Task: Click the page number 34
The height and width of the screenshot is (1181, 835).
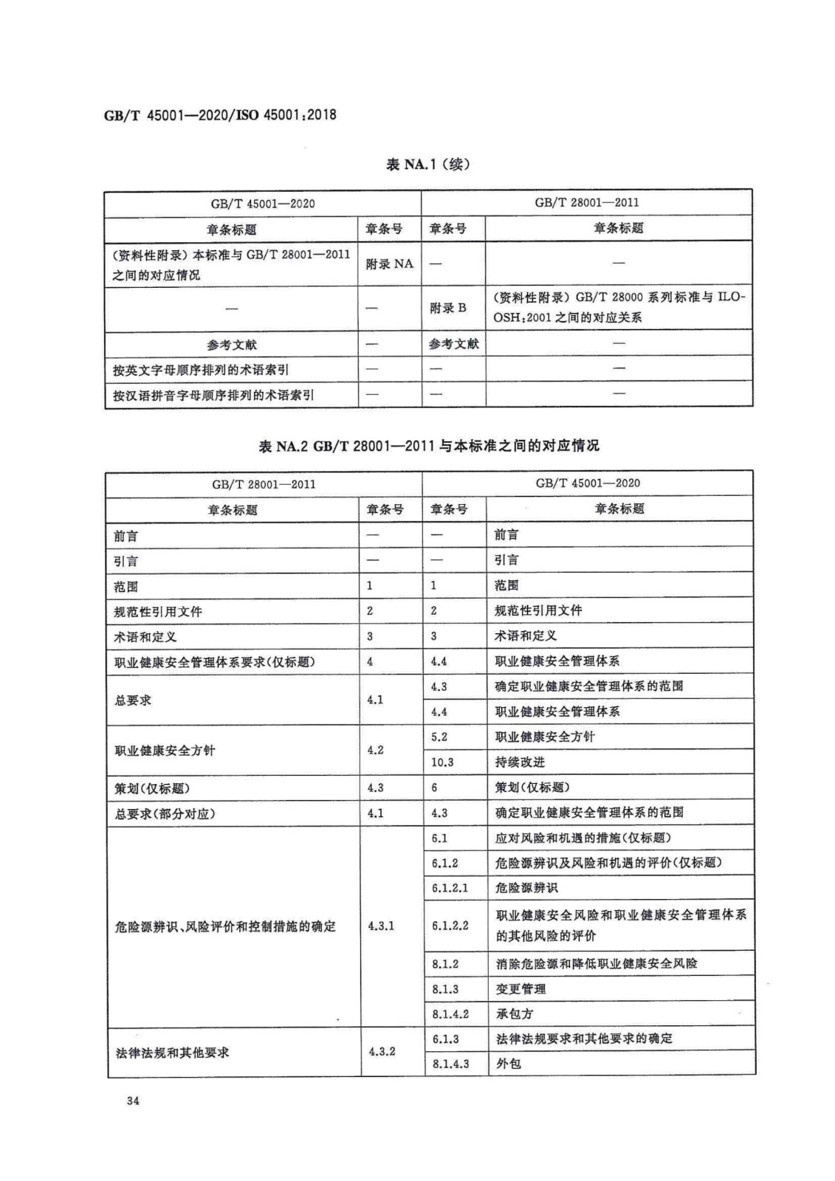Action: pos(133,1101)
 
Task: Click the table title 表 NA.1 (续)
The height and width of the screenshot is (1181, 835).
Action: pos(427,164)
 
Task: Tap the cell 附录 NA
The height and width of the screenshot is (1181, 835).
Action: pos(389,264)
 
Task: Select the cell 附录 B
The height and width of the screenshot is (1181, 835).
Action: pos(448,308)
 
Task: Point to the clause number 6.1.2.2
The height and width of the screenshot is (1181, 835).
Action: pos(450,925)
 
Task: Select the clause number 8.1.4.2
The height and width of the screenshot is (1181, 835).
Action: pos(450,1014)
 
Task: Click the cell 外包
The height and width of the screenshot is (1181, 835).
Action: pos(508,1064)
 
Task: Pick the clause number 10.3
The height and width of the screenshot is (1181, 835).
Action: pos(441,762)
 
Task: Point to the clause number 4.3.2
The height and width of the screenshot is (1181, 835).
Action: pos(382,1051)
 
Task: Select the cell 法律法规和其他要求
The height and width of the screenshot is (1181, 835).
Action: pos(172,1052)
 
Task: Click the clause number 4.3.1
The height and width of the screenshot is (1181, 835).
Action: pos(381,926)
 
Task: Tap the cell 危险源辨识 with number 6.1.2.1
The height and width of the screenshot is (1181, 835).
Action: pos(526,888)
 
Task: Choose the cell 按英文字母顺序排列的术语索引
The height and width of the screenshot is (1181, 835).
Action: pos(200,370)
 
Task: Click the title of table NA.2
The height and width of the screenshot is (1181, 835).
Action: pos(428,446)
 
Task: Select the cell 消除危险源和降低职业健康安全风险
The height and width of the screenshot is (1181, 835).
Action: pos(596,963)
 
